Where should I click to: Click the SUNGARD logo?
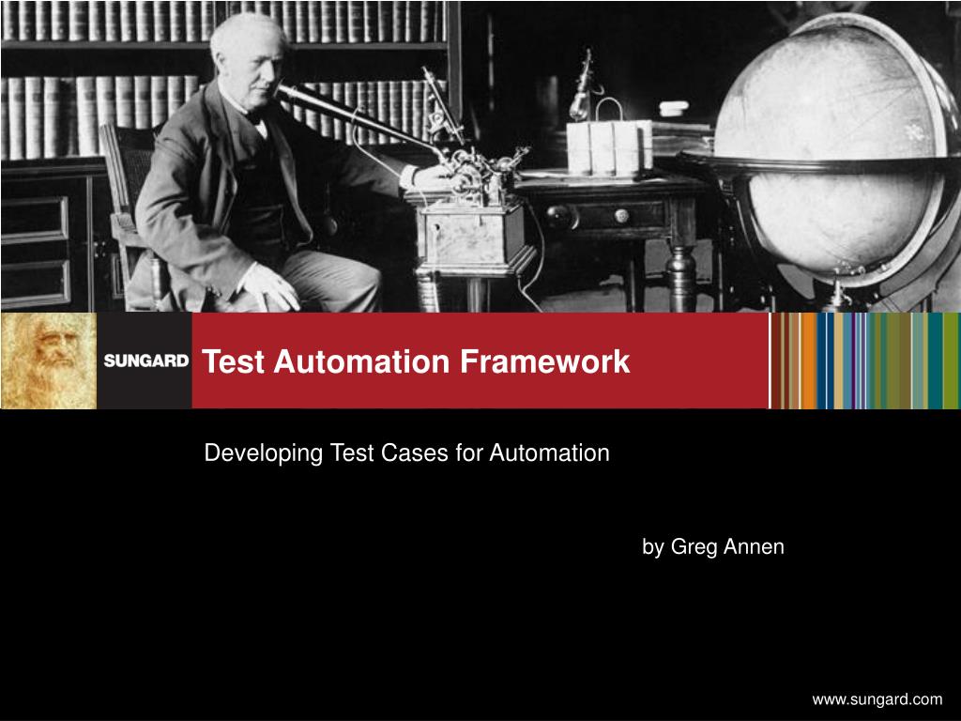point(145,360)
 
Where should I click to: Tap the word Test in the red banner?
point(232,361)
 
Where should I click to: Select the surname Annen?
point(754,546)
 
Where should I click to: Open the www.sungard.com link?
point(877,698)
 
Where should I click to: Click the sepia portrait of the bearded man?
point(49,361)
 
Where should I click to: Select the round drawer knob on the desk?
point(620,215)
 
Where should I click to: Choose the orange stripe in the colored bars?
point(808,361)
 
